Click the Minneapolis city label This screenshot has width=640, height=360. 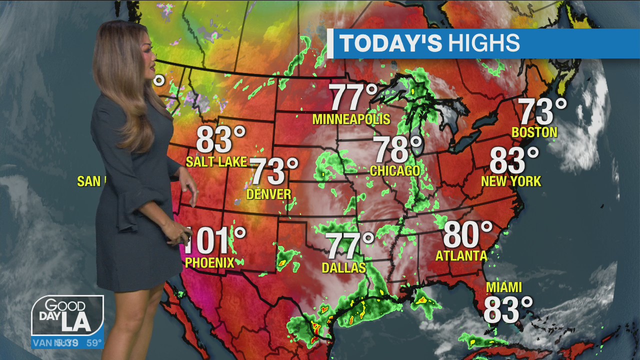(351, 119)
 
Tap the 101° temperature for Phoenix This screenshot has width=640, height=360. (215, 240)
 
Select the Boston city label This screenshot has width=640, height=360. (534, 132)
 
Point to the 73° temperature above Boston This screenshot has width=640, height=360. (542, 111)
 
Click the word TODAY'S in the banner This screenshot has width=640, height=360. (390, 43)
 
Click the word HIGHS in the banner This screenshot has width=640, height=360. (483, 43)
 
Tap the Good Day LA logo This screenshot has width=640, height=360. (67, 316)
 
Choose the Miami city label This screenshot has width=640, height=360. (504, 287)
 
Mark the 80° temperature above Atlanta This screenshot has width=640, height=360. (467, 235)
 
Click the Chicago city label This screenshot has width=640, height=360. (395, 171)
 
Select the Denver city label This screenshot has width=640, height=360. (269, 194)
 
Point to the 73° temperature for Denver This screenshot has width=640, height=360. (274, 172)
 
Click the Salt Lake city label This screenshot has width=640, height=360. (216, 161)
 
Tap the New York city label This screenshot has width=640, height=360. (511, 181)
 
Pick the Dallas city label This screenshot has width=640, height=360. (344, 268)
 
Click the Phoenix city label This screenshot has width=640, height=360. (209, 262)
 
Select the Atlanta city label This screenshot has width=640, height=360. (461, 256)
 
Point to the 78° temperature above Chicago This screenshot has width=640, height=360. (398, 149)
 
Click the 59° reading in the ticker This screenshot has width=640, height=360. (94, 343)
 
